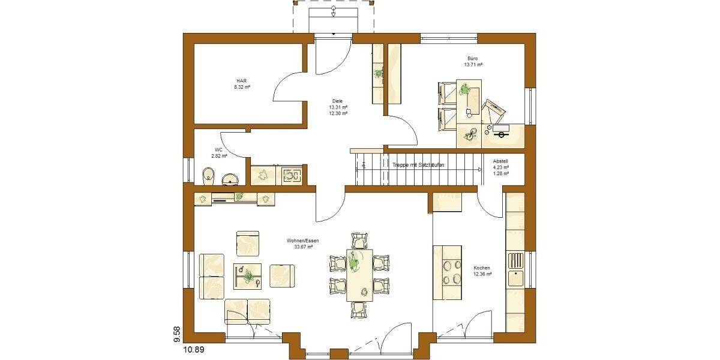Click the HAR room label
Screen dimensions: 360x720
tap(242, 80)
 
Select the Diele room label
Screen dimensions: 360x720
tap(338, 101)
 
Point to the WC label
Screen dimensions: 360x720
tap(218, 150)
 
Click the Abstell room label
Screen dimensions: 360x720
tap(500, 161)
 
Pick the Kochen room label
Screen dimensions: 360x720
tap(482, 268)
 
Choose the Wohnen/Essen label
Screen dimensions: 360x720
tap(302, 240)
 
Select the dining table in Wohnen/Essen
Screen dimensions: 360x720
tap(359, 275)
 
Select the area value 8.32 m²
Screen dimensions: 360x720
tap(242, 87)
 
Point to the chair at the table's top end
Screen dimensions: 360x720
tap(359, 240)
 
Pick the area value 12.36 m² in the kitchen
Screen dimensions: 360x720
tap(482, 274)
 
